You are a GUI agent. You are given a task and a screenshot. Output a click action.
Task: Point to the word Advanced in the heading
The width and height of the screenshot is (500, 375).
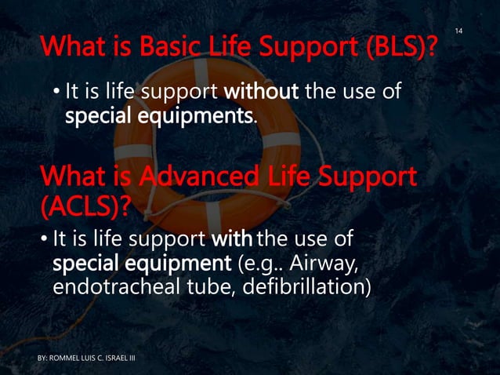click(x=175, y=176)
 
